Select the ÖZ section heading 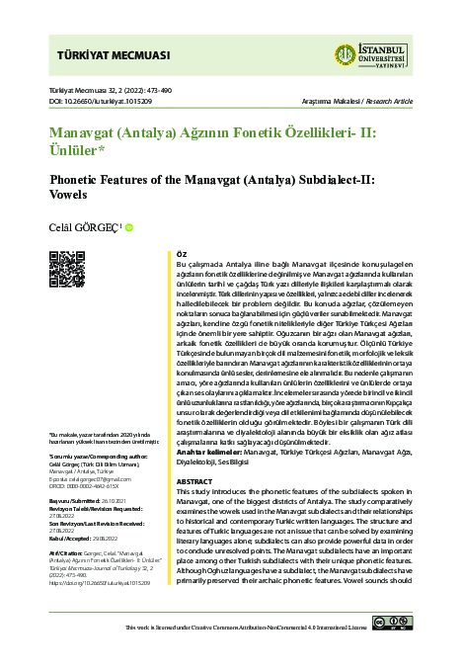coord(181,254)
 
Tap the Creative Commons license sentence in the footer coord(255,654)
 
